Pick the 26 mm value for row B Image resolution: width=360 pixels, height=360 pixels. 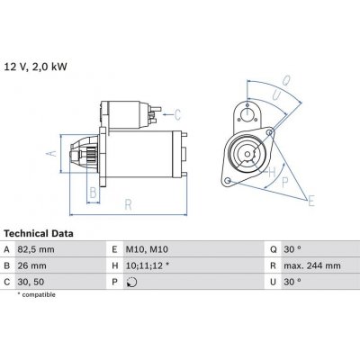(39, 266)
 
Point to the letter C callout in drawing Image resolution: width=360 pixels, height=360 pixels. (177, 113)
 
